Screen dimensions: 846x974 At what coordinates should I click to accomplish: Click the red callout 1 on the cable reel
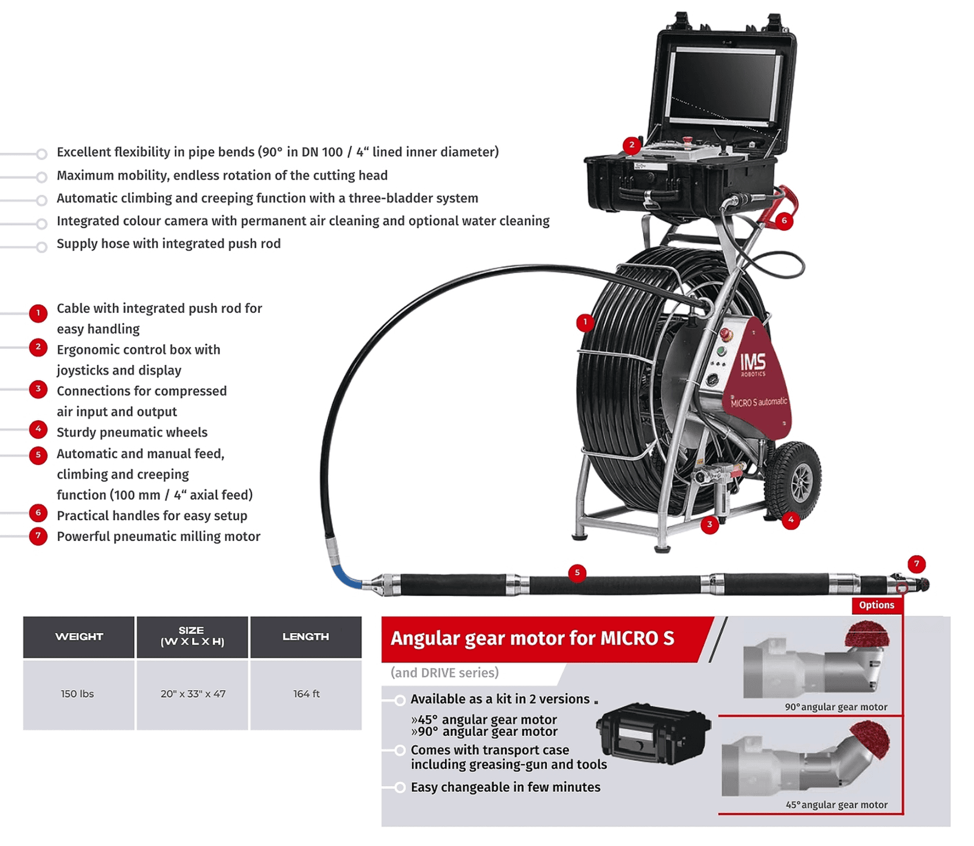(585, 322)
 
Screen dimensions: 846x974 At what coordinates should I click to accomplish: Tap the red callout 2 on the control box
(632, 145)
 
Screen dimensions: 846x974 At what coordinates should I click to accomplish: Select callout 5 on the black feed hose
(577, 572)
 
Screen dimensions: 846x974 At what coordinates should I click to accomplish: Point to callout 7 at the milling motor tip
(916, 564)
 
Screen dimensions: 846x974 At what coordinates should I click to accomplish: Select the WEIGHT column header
(79, 637)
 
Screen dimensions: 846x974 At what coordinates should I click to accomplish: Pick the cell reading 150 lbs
(77, 694)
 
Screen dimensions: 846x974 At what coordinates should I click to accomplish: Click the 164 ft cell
(306, 694)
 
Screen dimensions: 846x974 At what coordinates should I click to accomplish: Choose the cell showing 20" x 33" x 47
(193, 694)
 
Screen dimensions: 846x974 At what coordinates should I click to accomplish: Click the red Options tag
(877, 605)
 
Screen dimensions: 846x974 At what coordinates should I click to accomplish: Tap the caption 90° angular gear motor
(836, 707)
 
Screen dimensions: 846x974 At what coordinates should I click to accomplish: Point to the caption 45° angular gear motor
(836, 805)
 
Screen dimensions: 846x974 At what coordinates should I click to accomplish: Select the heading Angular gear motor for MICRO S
(532, 638)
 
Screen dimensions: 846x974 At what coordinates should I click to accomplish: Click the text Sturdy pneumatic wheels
(132, 432)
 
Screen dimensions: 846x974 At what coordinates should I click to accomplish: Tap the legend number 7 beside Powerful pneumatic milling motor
(38, 536)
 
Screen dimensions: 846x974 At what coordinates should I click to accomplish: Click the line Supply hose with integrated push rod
(169, 243)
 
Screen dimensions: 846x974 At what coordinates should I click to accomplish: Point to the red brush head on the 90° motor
(867, 635)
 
